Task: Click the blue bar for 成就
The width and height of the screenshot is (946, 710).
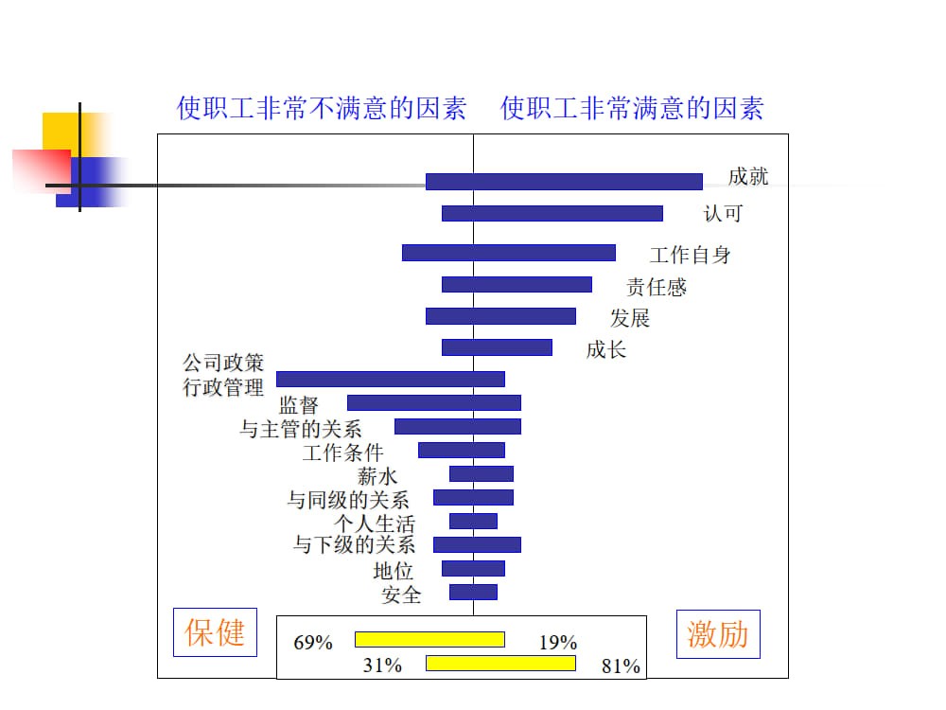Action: tap(564, 182)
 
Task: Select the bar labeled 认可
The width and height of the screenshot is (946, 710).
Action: tap(552, 213)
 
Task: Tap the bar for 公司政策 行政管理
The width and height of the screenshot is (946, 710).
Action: tap(390, 379)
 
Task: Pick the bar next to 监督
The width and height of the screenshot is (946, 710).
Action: tap(433, 402)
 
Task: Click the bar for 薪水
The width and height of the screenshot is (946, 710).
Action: tap(481, 473)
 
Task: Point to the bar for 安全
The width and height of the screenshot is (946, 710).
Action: tap(473, 592)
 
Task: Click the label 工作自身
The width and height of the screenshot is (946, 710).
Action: tap(690, 255)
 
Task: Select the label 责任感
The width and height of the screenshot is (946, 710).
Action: tap(656, 287)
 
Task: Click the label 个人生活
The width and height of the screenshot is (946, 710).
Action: tap(374, 523)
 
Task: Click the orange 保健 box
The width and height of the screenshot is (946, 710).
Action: tap(215, 632)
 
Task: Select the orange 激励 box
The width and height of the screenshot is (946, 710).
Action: tap(718, 633)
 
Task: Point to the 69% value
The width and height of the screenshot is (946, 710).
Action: tap(313, 643)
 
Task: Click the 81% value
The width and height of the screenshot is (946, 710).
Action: tap(621, 666)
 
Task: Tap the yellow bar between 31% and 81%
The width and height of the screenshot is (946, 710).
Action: tap(500, 663)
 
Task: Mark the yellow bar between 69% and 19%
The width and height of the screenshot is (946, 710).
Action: tap(429, 639)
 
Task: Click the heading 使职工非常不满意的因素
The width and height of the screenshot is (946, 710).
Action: tap(322, 109)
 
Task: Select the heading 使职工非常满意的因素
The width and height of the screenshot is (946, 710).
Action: tap(632, 109)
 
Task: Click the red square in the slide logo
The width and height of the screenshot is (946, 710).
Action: tap(42, 170)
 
